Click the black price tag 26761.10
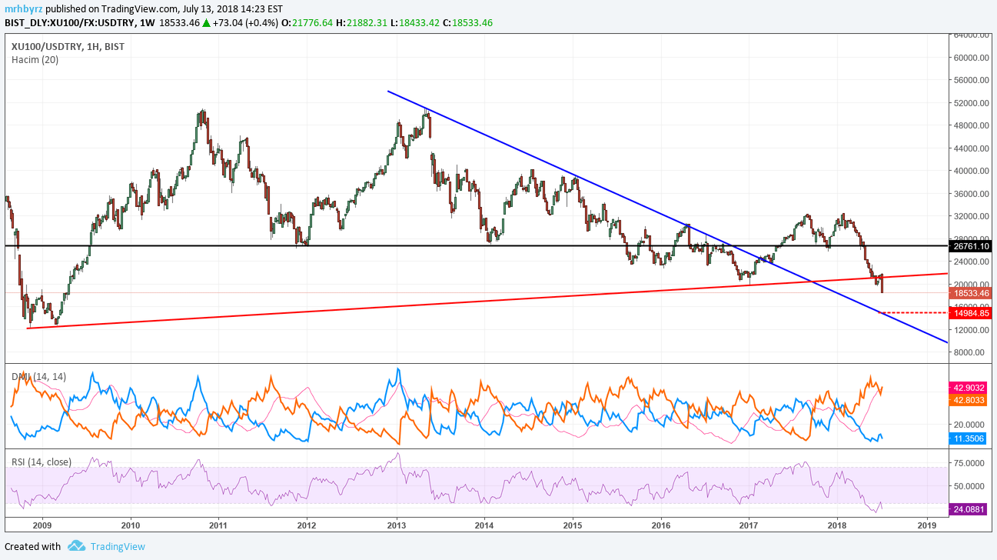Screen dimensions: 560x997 pos(971,246)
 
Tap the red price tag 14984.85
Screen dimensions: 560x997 pos(971,313)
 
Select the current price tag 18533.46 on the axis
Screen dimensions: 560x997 pos(971,293)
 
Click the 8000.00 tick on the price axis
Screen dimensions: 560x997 pos(971,352)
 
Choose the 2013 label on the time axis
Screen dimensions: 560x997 pos(397,526)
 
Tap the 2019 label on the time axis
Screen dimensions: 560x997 pos(927,526)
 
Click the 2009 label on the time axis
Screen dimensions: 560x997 pos(42,526)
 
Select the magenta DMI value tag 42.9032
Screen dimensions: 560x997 pos(971,387)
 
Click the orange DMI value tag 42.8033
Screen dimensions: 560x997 pos(971,400)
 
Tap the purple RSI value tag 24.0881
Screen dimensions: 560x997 pos(971,508)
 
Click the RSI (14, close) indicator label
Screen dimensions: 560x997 pos(42,462)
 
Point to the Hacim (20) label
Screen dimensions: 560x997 pos(35,60)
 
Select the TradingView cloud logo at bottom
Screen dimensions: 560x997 pos(76,546)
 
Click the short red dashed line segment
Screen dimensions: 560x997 pos(915,313)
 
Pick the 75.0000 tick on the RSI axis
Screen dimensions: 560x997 pos(971,463)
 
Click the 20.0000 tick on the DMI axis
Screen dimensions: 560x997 pos(971,424)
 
